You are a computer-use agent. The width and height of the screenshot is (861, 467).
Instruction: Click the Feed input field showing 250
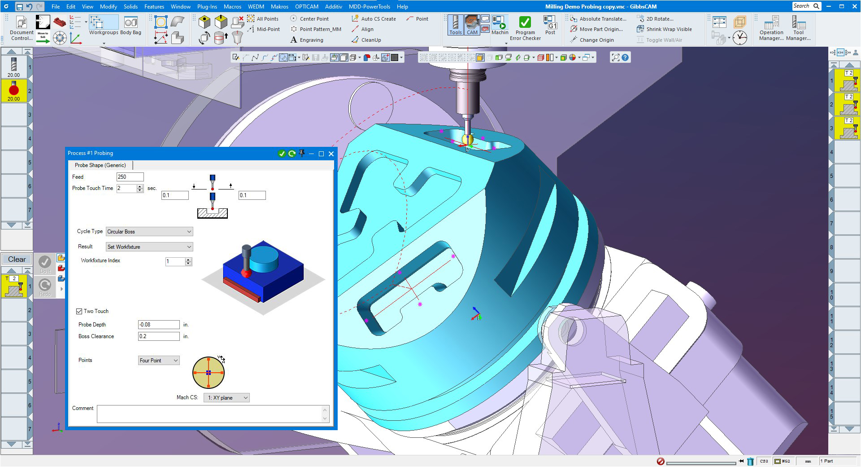coord(130,177)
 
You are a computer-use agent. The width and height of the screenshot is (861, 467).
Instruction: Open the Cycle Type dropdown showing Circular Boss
coord(149,232)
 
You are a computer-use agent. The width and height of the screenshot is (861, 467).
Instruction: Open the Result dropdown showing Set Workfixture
coord(149,247)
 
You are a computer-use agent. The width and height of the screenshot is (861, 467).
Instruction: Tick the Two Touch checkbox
coord(79,311)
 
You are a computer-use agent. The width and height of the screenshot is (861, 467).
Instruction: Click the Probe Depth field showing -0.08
coord(159,325)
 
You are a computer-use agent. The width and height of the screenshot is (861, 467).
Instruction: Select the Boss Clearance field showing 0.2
coord(159,336)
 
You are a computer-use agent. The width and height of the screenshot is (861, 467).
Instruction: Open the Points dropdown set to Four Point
coord(159,361)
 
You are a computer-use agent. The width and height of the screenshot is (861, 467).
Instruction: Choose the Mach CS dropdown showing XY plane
coord(226,398)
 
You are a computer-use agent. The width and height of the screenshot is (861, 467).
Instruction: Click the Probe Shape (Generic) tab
coord(100,165)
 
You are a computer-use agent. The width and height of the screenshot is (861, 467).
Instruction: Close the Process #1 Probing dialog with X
coord(331,154)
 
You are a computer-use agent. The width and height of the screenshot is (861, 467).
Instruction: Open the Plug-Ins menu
coord(207,7)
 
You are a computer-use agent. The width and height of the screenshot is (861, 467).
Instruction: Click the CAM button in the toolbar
coord(472,25)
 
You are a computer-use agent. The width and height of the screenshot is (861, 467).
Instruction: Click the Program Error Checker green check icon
coord(525,22)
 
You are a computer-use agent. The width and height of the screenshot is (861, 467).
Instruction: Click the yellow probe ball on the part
coord(467,139)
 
